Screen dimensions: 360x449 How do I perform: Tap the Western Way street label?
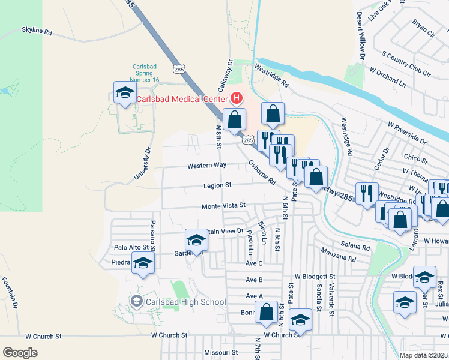(206, 165)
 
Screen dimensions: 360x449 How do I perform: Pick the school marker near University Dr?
(125, 92)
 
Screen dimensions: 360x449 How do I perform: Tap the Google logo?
(20, 353)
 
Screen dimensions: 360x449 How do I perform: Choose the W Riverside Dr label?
(407, 134)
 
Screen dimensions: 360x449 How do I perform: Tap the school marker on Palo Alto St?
(143, 264)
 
